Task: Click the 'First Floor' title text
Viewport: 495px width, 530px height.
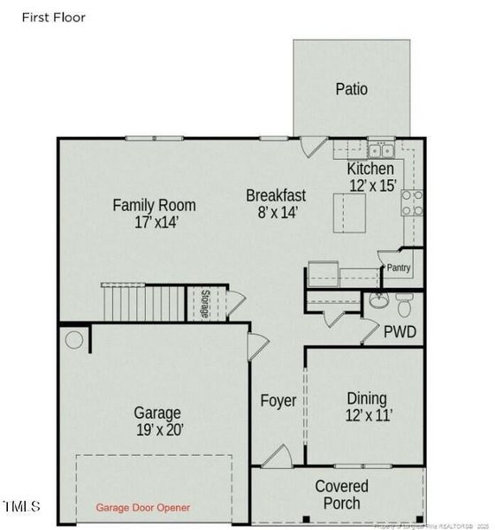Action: pyautogui.click(x=49, y=18)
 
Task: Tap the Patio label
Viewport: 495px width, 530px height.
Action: pyautogui.click(x=351, y=88)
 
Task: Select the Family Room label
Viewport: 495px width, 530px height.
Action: pyautogui.click(x=154, y=205)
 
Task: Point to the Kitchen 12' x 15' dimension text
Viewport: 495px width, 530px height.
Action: pyautogui.click(x=371, y=185)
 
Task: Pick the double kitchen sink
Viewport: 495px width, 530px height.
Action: pyautogui.click(x=381, y=148)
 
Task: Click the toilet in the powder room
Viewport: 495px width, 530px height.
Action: pyautogui.click(x=404, y=305)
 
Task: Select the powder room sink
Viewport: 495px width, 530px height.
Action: pyautogui.click(x=379, y=301)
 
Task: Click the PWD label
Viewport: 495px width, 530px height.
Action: pyautogui.click(x=399, y=332)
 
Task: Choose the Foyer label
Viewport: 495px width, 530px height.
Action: pyautogui.click(x=278, y=400)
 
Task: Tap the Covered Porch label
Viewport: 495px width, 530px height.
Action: pyautogui.click(x=341, y=495)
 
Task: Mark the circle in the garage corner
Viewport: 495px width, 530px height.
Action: pyautogui.click(x=74, y=339)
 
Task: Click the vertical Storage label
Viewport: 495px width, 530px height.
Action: pyautogui.click(x=204, y=303)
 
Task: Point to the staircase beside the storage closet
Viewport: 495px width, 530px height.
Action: pyautogui.click(x=141, y=303)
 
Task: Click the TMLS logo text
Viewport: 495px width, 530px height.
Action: pyautogui.click(x=21, y=506)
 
